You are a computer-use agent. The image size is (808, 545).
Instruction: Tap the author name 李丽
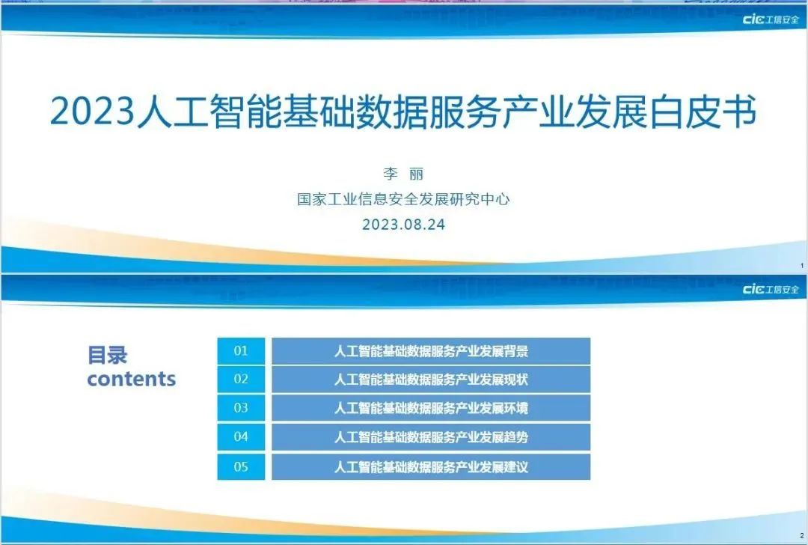point(403,174)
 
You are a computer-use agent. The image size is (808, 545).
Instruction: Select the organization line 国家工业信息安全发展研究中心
point(403,200)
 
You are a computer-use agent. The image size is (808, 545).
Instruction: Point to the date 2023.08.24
point(403,225)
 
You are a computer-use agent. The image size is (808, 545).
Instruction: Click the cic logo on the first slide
point(770,19)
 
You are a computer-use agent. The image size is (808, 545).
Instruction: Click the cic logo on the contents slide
point(770,290)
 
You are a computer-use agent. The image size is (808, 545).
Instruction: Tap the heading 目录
point(108,355)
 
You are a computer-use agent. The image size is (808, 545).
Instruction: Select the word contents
point(131,379)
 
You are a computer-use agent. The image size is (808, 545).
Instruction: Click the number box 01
point(241,351)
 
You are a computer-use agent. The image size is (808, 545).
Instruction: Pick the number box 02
point(241,380)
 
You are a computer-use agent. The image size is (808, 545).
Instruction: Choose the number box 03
point(241,409)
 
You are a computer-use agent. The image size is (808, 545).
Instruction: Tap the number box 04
point(241,437)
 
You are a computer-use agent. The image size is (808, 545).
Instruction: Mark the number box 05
point(241,467)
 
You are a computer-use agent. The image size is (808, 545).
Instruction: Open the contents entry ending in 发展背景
point(431,351)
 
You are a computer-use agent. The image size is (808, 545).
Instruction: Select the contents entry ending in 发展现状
point(431,380)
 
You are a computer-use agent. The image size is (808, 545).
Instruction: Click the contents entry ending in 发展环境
point(431,409)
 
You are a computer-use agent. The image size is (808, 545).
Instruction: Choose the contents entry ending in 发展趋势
point(431,437)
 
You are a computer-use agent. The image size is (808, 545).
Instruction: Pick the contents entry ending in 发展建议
point(431,467)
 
